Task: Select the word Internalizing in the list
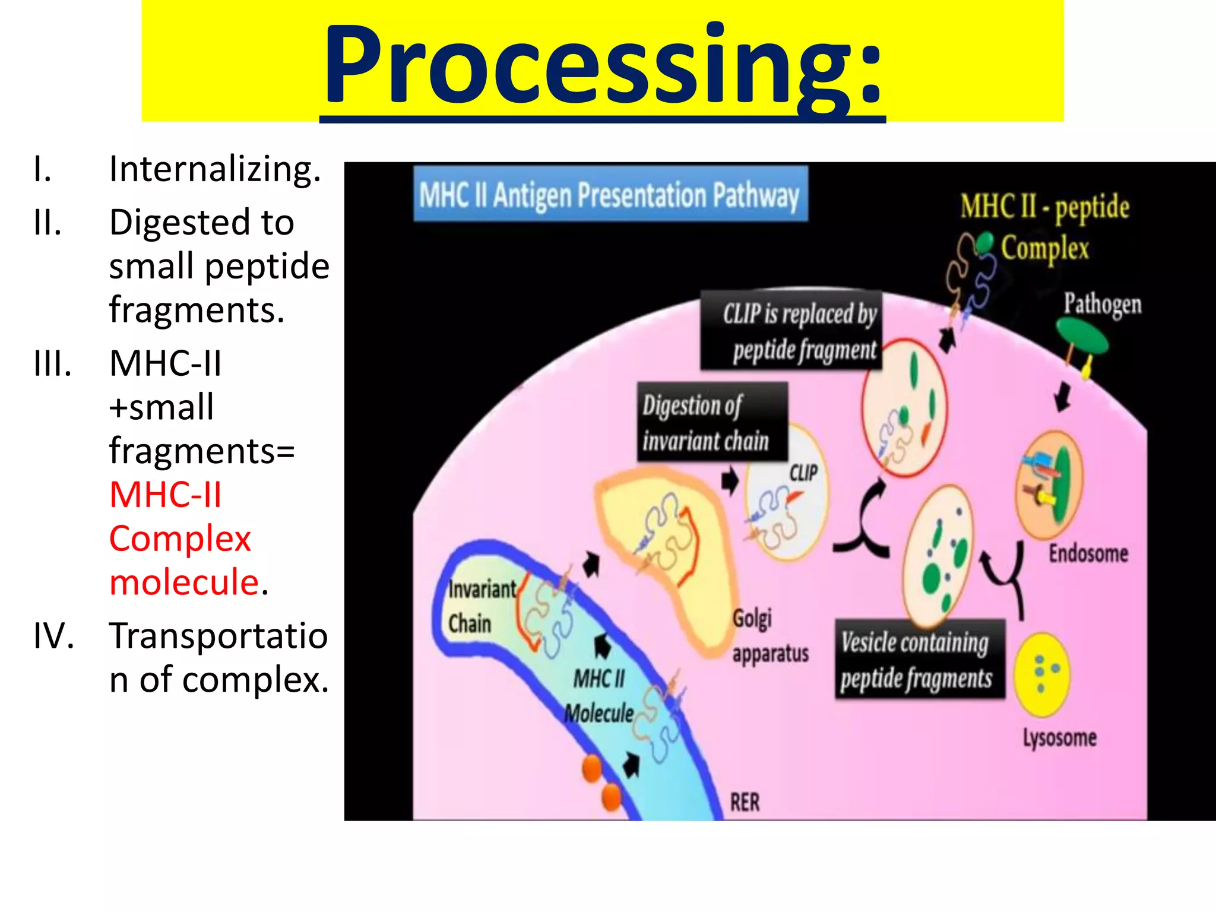215,169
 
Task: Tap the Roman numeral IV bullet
53,635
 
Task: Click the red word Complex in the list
180,539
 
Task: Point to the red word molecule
185,582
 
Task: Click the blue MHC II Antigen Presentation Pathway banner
610,195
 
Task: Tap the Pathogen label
1102,303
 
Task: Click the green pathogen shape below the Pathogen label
1082,336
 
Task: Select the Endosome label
1088,553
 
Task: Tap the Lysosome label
1059,737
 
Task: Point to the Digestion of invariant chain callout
712,422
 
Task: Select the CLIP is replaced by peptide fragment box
791,331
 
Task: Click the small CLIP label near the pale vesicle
803,473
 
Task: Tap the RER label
745,802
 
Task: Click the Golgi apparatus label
769,635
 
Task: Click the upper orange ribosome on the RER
593,769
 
